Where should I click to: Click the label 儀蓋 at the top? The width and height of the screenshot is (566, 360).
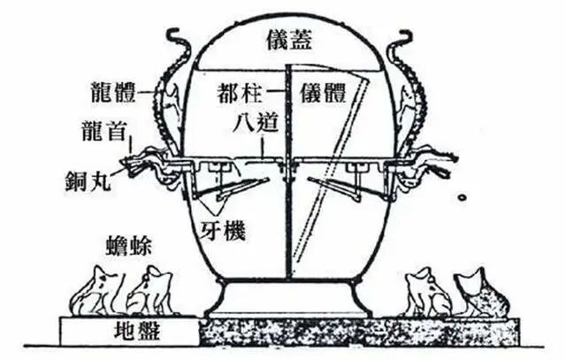pyautogui.click(x=286, y=38)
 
